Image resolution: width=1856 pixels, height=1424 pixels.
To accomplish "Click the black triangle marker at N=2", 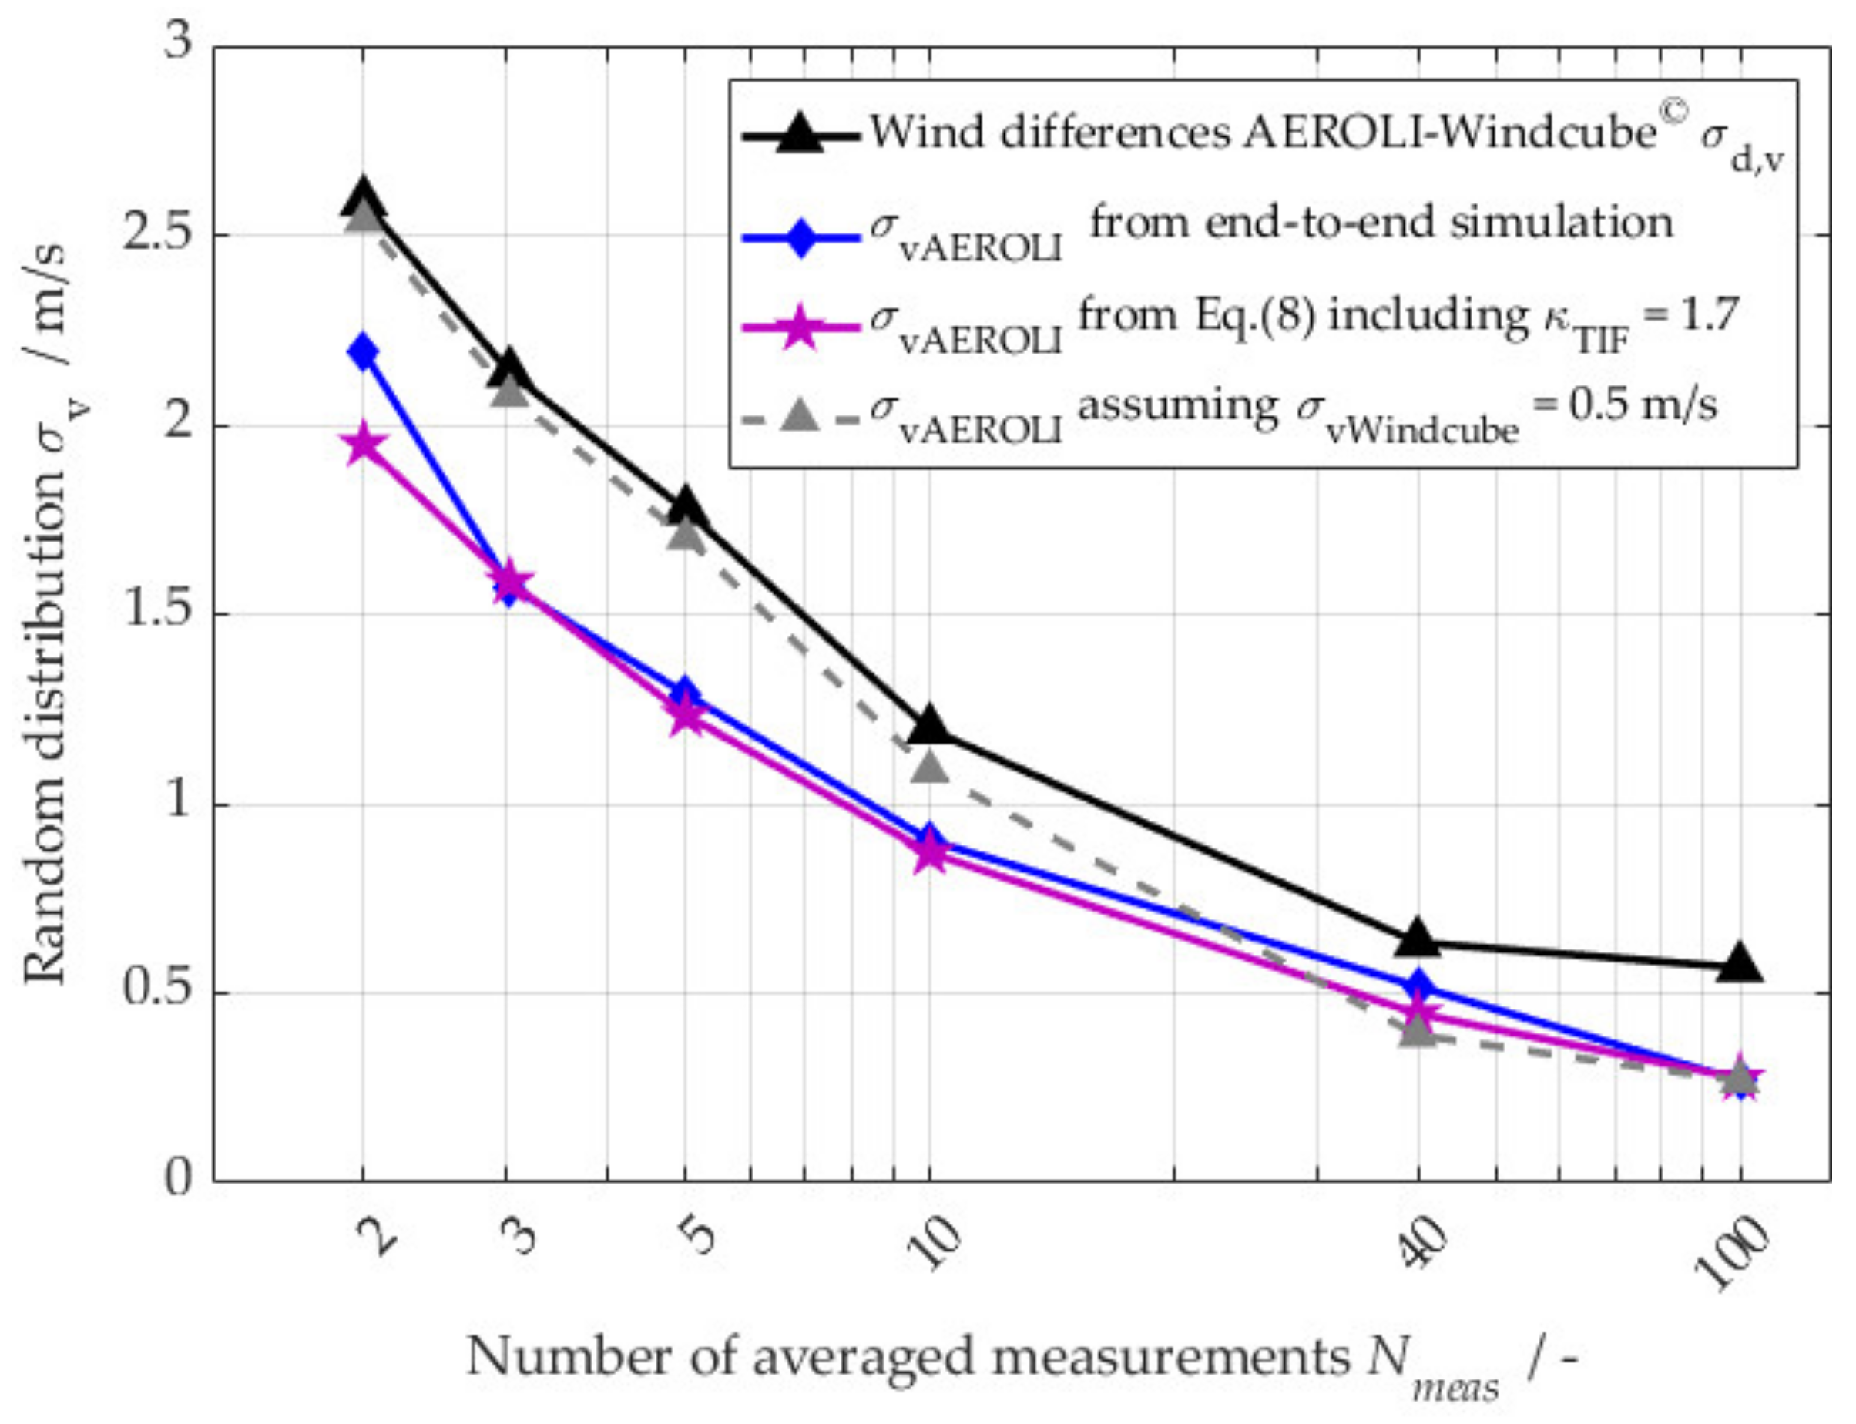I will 363,196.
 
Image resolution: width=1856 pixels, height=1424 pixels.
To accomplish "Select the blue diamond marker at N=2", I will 363,351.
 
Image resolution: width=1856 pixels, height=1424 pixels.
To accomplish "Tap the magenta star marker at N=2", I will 363,443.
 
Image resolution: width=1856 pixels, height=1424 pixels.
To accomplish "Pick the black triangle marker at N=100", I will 1739,965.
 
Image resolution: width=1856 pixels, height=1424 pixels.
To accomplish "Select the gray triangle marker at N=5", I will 685,534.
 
